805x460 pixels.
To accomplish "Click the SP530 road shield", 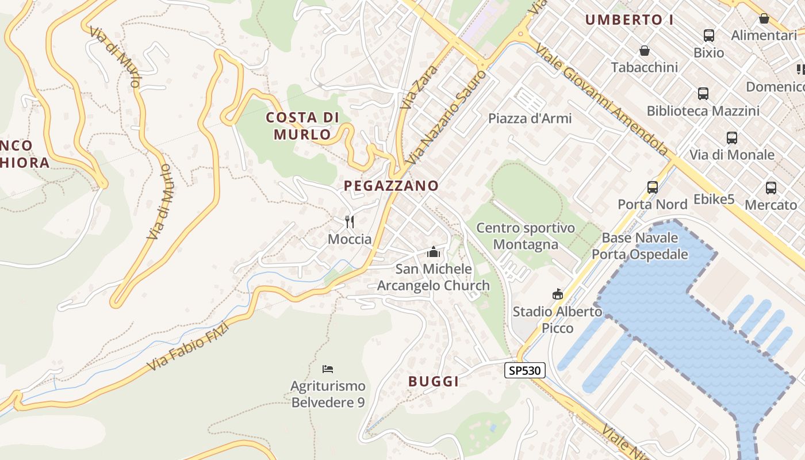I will (525, 370).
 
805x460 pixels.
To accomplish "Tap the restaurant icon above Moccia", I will (349, 221).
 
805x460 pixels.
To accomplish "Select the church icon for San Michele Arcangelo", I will (434, 252).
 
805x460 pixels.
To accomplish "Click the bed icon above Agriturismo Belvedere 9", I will (328, 369).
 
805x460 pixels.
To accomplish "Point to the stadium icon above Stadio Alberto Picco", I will (557, 294).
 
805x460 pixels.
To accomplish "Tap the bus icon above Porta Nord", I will (652, 187).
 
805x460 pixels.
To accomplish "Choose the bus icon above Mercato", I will (770, 187).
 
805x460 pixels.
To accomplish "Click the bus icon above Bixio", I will (708, 36).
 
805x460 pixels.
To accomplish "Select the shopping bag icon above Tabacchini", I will (645, 51).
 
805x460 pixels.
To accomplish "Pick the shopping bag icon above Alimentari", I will (764, 18).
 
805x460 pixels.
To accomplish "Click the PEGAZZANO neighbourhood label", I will (391, 186).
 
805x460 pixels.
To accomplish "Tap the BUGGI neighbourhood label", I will (434, 381).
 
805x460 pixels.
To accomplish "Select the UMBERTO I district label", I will (629, 20).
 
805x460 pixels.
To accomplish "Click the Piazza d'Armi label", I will (530, 118).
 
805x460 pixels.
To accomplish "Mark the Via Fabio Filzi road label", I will (189, 346).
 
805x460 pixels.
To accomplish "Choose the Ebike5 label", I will (714, 200).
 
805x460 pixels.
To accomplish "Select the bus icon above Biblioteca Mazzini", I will (703, 94).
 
